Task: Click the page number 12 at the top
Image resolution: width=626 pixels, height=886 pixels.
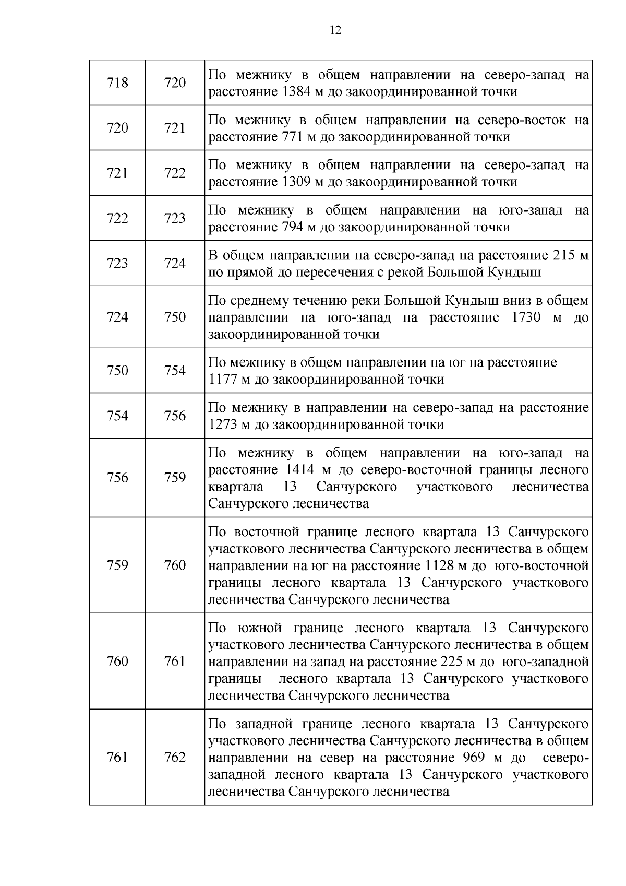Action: click(336, 30)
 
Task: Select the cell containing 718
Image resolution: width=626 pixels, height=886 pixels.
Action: click(117, 82)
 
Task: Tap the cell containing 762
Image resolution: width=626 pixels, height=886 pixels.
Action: click(175, 757)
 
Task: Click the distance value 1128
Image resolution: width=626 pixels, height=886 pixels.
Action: click(443, 565)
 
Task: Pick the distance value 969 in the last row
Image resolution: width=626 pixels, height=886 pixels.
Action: click(475, 758)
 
